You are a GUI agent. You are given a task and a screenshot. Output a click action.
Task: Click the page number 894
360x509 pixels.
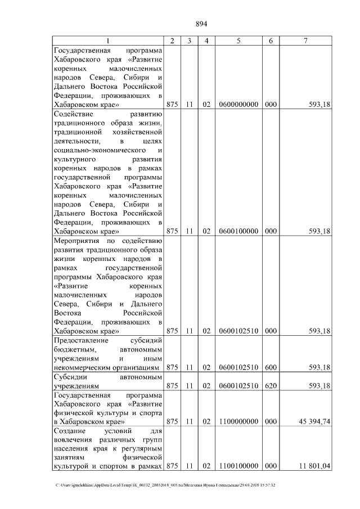pyautogui.click(x=202, y=24)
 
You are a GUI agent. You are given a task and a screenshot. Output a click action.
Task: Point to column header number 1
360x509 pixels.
pyautogui.click(x=109, y=40)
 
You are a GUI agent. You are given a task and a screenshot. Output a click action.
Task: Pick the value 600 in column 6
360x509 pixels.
pyautogui.click(x=271, y=367)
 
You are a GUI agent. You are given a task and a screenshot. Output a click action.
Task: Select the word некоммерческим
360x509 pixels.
pyautogui.click(x=84, y=367)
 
